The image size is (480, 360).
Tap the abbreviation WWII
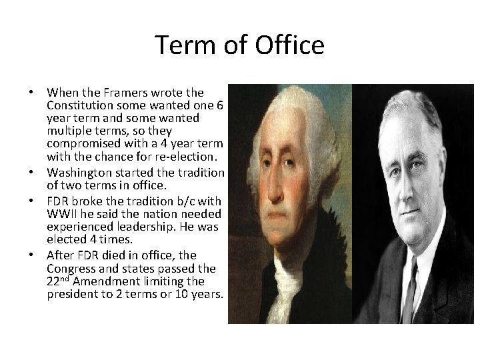point(63,213)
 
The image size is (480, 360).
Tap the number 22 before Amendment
point(54,281)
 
